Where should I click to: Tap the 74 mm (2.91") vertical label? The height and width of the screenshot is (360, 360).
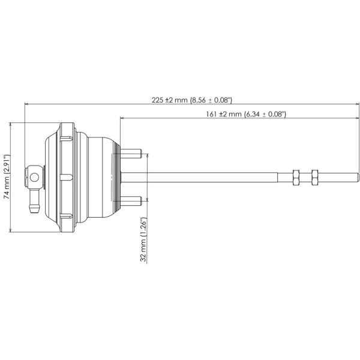(6, 178)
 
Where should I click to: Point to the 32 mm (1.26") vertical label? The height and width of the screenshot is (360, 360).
(143, 239)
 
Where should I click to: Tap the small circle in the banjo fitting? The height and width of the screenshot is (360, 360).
(35, 177)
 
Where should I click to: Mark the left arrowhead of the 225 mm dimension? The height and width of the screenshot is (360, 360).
(27, 104)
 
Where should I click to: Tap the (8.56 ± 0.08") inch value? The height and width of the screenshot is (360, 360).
(211, 101)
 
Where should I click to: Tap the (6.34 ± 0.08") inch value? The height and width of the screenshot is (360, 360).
(265, 113)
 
